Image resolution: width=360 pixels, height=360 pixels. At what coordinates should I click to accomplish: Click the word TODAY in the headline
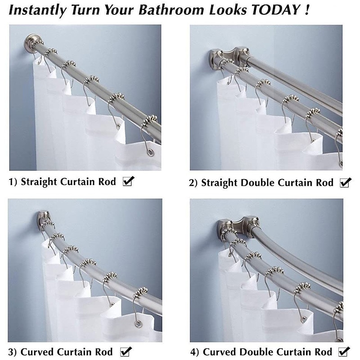click(x=276, y=9)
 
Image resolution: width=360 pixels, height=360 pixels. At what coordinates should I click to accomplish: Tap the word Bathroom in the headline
click(x=171, y=10)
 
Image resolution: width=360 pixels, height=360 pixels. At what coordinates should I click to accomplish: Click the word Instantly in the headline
click(x=38, y=10)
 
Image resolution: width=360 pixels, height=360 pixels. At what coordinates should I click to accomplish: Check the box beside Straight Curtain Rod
click(x=128, y=181)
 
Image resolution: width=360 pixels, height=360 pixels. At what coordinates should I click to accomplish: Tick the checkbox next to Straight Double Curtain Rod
click(x=346, y=183)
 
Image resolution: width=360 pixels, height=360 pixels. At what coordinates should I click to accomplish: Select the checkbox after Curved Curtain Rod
click(x=126, y=351)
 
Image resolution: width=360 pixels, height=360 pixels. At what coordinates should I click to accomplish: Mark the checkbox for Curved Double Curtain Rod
click(x=344, y=351)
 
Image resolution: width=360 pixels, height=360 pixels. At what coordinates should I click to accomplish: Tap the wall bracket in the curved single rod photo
click(x=43, y=218)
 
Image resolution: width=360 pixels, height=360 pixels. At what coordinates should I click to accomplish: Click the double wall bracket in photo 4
click(x=238, y=226)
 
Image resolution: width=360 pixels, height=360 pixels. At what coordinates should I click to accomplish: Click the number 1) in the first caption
click(x=13, y=182)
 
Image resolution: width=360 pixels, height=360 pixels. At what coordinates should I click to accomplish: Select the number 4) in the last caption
click(x=194, y=352)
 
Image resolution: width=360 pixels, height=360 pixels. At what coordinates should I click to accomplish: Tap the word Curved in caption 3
click(x=37, y=352)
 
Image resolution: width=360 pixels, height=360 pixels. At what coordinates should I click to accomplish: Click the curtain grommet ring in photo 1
click(x=150, y=153)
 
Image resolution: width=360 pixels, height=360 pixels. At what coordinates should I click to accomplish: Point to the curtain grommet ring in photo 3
click(x=138, y=324)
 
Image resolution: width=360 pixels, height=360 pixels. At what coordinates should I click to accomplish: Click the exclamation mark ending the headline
click(x=307, y=10)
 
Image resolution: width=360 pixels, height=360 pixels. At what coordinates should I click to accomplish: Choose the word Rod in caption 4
click(x=323, y=352)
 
